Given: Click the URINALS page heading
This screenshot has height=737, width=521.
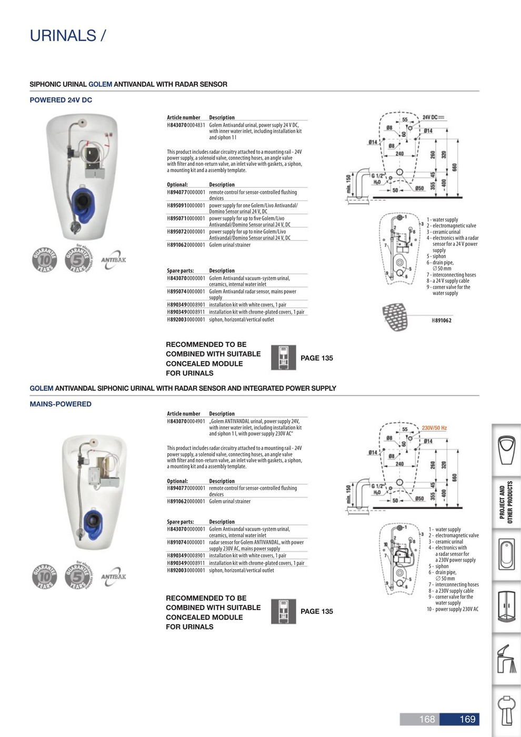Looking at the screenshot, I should coord(68,36).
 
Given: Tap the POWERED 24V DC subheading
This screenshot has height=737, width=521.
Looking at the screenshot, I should coord(61,100).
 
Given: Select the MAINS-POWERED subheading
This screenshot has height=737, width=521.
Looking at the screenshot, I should coord(61,404).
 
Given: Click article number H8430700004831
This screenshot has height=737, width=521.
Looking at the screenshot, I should coord(186,125).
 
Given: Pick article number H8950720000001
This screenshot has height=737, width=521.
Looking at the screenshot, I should coord(186,232).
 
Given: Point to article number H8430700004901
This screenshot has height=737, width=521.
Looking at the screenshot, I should coord(186,421).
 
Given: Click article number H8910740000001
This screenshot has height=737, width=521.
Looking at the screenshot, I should coord(186,542).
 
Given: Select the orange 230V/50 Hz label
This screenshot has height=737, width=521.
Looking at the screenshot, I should coord(434,428).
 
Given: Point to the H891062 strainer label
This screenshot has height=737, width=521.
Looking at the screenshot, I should coord(442,320).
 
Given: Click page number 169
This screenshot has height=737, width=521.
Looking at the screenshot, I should coord(467,719).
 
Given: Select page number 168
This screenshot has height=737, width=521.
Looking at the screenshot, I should coord(426,719).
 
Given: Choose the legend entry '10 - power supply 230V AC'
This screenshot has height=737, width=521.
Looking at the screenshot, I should coord(452,609).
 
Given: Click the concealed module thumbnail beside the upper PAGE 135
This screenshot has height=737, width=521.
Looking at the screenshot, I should coord(284,358).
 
